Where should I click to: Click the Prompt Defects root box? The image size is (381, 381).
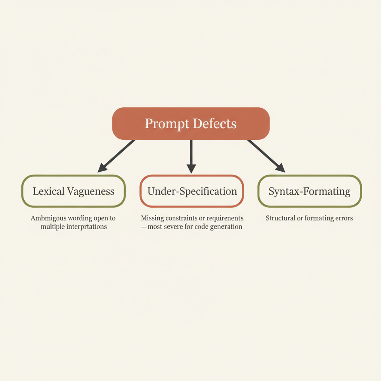point(191,124)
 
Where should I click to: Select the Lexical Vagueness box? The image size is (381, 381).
point(73,191)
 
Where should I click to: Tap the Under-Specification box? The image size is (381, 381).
point(192,191)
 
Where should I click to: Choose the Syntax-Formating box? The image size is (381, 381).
point(310,191)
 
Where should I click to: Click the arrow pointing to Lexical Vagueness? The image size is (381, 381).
point(117,156)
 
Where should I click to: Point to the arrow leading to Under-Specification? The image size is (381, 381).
point(191,154)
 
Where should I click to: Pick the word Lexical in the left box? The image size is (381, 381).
point(49,191)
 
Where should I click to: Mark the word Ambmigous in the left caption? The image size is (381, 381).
point(48,218)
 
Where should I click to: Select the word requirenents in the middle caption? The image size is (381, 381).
point(225,218)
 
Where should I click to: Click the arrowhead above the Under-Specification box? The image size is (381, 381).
point(191,169)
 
